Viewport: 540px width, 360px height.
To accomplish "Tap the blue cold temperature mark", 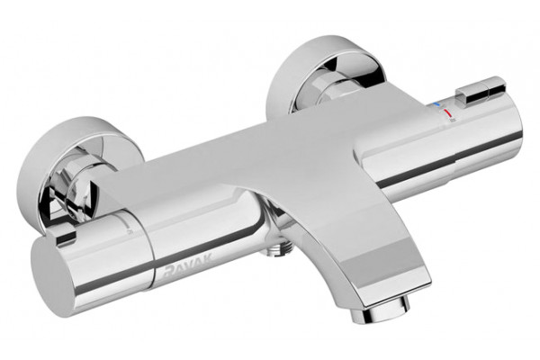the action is pyautogui.click(x=436, y=103).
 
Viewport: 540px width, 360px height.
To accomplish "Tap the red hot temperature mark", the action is pyautogui.click(x=446, y=113).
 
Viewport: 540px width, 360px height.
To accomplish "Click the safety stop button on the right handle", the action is pyautogui.click(x=481, y=91).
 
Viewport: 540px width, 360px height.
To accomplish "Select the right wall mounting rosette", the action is pyautogui.click(x=328, y=72).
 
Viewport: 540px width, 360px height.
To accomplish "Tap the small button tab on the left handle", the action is pyautogui.click(x=66, y=235).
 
